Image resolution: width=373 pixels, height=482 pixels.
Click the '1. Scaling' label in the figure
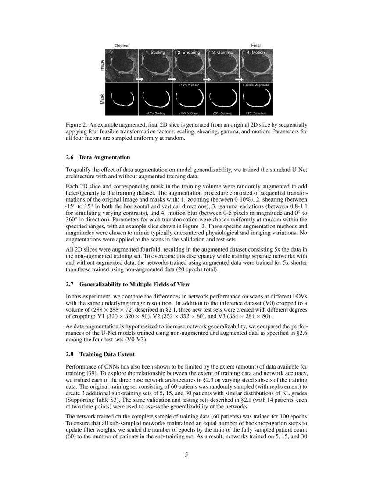pos(155,52)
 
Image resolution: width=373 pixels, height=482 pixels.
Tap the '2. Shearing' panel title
pos(189,52)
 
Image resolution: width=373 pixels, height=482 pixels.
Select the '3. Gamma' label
pos(222,52)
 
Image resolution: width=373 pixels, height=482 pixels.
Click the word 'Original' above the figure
pos(122,46)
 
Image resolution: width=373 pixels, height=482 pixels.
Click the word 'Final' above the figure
pos(256,46)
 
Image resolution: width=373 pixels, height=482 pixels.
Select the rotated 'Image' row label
pos(102,66)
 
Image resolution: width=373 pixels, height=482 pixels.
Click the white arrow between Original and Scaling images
pos(140,80)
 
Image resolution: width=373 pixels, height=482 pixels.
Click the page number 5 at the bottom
pos(186,454)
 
